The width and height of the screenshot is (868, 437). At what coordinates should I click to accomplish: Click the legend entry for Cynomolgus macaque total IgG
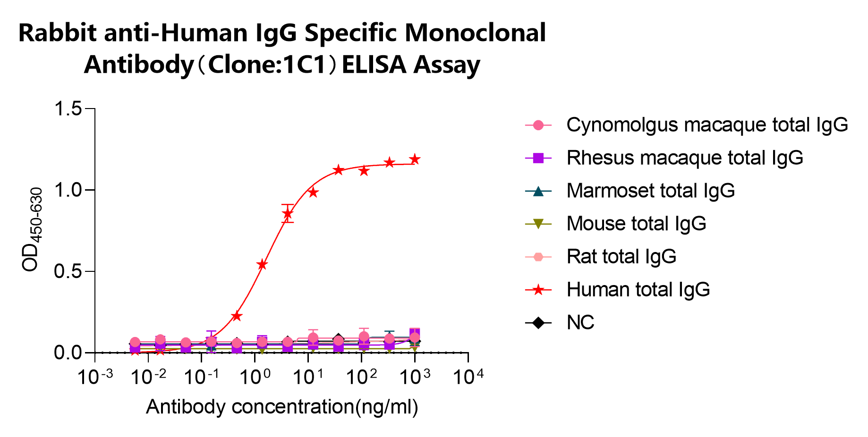click(x=706, y=125)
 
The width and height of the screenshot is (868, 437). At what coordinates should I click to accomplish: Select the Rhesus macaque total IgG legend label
click(x=684, y=158)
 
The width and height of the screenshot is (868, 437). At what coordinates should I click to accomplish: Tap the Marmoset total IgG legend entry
click(x=650, y=191)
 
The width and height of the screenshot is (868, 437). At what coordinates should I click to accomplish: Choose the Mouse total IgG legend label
click(x=636, y=224)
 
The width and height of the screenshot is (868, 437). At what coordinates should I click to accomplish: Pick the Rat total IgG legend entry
click(x=621, y=257)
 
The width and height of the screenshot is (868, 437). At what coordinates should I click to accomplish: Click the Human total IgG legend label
click(x=638, y=290)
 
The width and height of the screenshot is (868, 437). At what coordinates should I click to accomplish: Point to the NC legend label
click(x=580, y=323)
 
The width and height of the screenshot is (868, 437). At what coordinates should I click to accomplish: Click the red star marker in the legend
click(x=538, y=290)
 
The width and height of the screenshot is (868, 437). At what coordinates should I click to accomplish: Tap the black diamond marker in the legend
click(x=538, y=323)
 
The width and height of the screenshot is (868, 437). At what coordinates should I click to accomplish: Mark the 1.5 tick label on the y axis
click(x=68, y=109)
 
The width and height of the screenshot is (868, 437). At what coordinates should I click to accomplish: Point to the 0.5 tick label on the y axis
click(x=68, y=271)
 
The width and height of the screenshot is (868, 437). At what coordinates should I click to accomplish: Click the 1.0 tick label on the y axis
click(x=68, y=190)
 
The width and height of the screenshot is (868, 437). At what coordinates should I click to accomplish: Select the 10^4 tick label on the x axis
click(x=468, y=377)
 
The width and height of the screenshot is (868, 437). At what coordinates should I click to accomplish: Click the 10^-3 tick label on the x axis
click(x=95, y=377)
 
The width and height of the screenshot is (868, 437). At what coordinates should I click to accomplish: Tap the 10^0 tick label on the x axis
click(x=255, y=377)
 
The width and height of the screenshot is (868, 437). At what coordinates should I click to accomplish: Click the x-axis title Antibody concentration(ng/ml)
click(x=282, y=407)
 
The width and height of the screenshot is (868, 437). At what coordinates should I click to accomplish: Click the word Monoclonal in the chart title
click(x=475, y=33)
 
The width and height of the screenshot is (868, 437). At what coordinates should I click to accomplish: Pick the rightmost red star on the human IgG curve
click(x=415, y=160)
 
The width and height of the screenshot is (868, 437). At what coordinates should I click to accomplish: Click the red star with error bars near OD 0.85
click(x=288, y=213)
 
